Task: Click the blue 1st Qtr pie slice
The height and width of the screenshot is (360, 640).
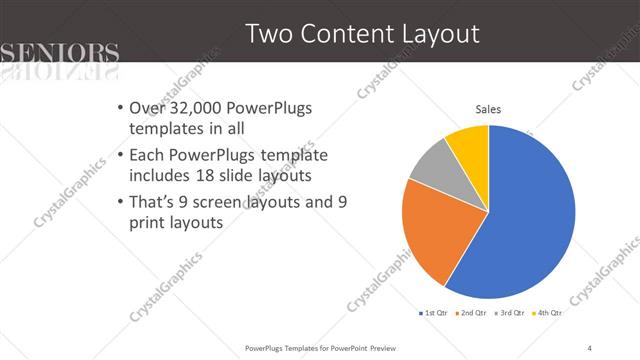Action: click(x=530, y=220)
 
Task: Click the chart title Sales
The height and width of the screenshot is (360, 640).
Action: click(x=488, y=109)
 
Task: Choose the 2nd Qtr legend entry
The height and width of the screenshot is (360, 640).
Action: click(x=471, y=313)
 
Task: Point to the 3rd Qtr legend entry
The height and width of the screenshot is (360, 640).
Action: click(x=510, y=313)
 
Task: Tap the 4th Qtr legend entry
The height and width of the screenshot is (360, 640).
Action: click(x=549, y=313)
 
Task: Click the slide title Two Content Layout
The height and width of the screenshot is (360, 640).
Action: click(x=362, y=34)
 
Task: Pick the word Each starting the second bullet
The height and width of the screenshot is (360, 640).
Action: click(x=148, y=156)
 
